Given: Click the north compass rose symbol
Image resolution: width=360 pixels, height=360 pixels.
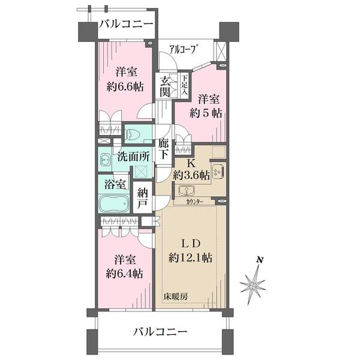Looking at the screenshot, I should (x=254, y=282).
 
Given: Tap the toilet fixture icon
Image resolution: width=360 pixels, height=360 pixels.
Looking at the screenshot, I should (x=133, y=133).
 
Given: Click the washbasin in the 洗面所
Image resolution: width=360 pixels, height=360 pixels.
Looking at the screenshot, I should (x=106, y=160).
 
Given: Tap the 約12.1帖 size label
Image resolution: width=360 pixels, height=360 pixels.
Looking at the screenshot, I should (x=190, y=258).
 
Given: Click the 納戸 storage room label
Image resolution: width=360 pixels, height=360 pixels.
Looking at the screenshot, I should (x=142, y=199).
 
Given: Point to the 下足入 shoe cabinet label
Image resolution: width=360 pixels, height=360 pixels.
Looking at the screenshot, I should (x=185, y=83).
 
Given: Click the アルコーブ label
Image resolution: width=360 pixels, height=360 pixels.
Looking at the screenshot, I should (x=184, y=50).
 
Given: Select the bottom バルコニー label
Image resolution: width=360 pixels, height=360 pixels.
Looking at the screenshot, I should (x=160, y=331).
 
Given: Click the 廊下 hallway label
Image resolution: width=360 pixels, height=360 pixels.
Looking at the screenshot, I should (x=163, y=149).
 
